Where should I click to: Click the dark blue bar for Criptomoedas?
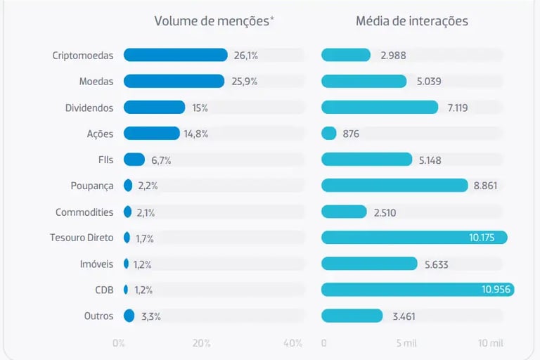click(x=175, y=55)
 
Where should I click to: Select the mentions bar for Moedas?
click(x=174, y=81)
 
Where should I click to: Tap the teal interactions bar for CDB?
click(x=418, y=289)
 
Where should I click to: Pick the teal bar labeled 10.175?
click(x=414, y=237)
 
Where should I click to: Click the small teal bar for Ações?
click(x=329, y=133)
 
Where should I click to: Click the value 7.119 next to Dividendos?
click(x=462, y=108)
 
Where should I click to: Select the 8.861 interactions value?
click(x=490, y=186)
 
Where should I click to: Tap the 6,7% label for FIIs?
click(x=161, y=160)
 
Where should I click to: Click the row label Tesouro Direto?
click(x=82, y=238)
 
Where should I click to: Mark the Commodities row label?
click(x=84, y=212)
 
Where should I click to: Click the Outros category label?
click(x=98, y=316)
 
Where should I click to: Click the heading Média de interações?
click(x=412, y=21)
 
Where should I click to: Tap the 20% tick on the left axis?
click(x=201, y=343)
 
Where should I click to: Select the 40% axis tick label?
click(x=293, y=343)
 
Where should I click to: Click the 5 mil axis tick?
click(x=406, y=343)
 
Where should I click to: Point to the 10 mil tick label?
click(x=491, y=343)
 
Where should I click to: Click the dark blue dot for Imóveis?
click(x=127, y=264)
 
